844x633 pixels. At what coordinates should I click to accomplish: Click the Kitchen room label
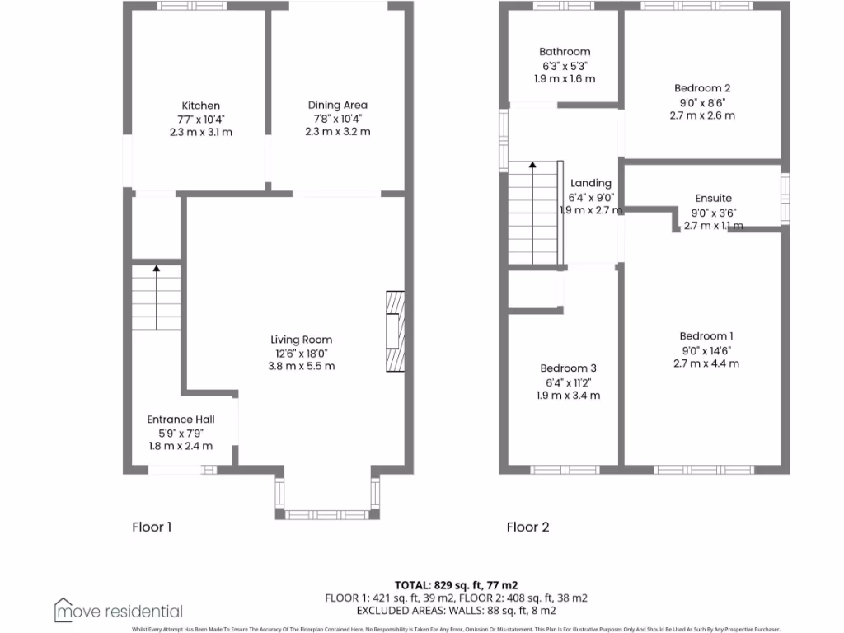(x=201, y=105)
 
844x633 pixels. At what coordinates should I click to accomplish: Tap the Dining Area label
(x=338, y=105)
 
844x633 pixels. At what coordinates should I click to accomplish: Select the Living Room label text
(x=302, y=340)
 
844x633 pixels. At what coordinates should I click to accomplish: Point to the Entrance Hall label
(x=180, y=420)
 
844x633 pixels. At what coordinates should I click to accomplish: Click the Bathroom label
(x=565, y=52)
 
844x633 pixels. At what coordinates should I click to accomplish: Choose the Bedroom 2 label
(x=702, y=88)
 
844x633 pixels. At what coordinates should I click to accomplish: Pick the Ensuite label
(x=713, y=199)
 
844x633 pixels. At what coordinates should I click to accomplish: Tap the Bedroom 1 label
(x=706, y=335)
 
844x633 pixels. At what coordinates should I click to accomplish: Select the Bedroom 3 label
(x=568, y=368)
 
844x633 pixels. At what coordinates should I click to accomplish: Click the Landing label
(x=591, y=183)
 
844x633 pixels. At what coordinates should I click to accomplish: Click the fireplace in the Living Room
(x=396, y=331)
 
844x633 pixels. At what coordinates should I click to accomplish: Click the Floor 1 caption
(x=152, y=527)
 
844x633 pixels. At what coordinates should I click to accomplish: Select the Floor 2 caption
(x=527, y=527)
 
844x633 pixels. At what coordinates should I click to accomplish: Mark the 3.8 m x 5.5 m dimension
(x=302, y=366)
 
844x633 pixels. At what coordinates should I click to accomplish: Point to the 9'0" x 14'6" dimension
(x=706, y=349)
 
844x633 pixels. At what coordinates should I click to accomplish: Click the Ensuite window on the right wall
(x=785, y=199)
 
